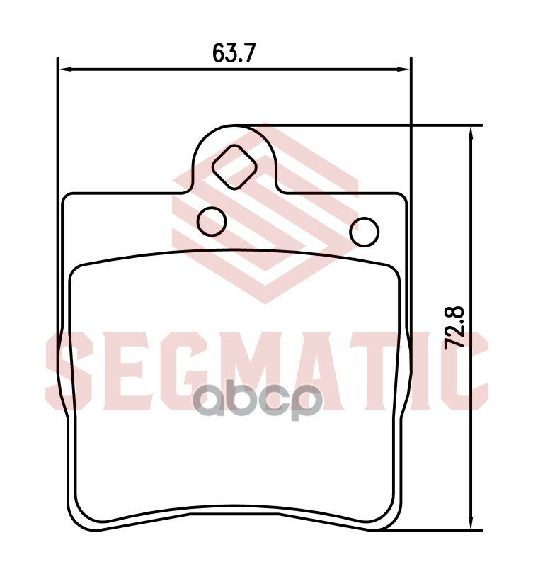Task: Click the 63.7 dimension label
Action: [233, 54]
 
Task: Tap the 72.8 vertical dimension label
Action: [454, 326]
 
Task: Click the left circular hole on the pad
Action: [212, 221]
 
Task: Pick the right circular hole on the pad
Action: [365, 230]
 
